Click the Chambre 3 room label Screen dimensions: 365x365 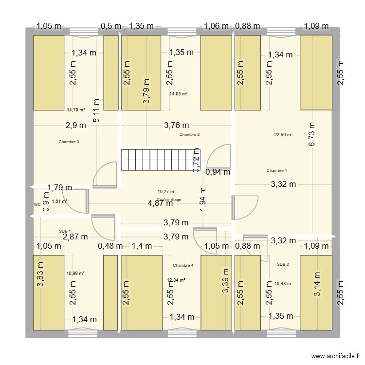69,142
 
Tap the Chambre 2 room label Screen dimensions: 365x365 189,134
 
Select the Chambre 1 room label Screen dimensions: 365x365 277,170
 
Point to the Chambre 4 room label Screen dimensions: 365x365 183,265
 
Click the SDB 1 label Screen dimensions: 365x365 65,231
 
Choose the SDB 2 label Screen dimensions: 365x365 283,264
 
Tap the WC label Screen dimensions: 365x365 37,205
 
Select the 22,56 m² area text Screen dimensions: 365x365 284,134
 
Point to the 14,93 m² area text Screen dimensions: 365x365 179,94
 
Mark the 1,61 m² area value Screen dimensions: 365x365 59,201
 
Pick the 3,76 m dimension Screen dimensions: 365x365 177,125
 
